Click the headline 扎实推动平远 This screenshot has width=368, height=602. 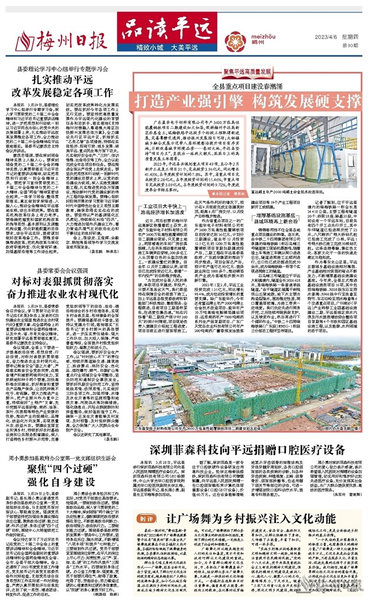pos(65,80)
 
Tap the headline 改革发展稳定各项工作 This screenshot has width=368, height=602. pos(66,92)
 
